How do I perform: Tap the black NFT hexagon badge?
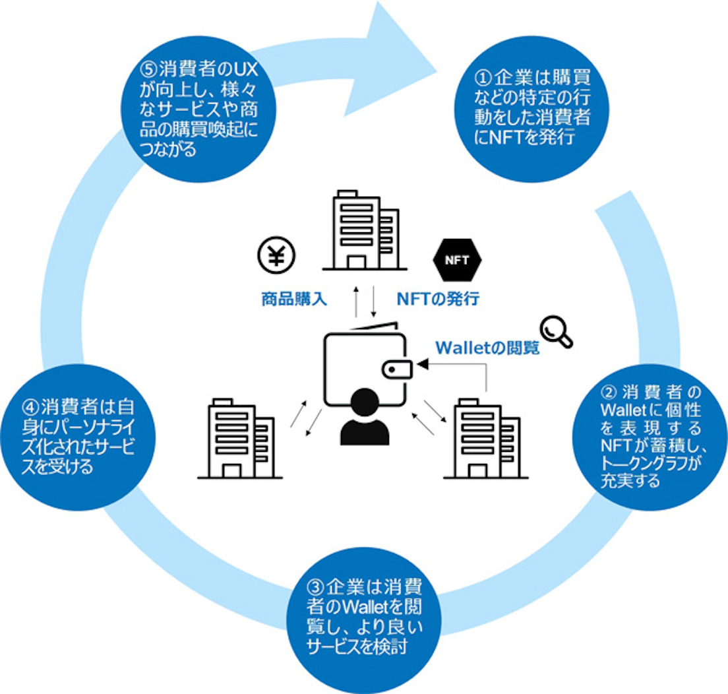456,259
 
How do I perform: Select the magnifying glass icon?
556,331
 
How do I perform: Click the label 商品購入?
292,300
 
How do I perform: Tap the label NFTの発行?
437,300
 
